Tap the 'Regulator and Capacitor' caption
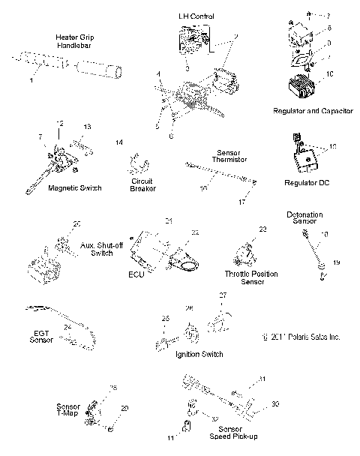pyautogui.click(x=313, y=110)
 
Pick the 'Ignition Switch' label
pyautogui.click(x=197, y=353)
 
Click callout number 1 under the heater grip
pyautogui.click(x=31, y=81)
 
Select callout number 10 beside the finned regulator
pyautogui.click(x=327, y=73)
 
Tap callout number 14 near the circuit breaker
pyautogui.click(x=118, y=142)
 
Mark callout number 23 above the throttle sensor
pyautogui.click(x=262, y=229)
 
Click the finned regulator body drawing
pyautogui.click(x=301, y=88)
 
